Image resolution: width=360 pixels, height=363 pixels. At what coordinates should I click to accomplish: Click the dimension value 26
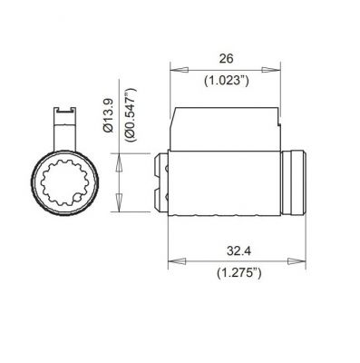(x=225, y=56)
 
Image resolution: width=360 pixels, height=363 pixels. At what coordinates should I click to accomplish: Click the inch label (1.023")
(x=225, y=81)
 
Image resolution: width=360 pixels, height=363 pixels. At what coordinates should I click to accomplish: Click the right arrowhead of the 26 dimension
(x=274, y=68)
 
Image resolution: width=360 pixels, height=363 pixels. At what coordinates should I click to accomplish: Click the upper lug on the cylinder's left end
(x=162, y=167)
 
